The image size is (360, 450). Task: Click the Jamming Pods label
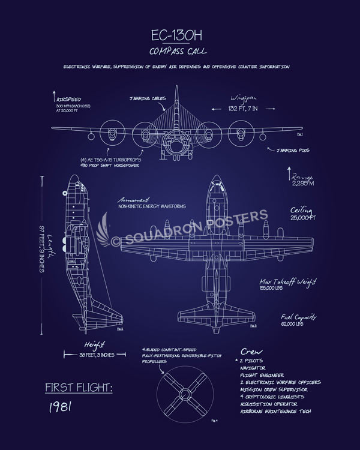click(293, 151)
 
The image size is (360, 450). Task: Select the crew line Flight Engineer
click(261, 374)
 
